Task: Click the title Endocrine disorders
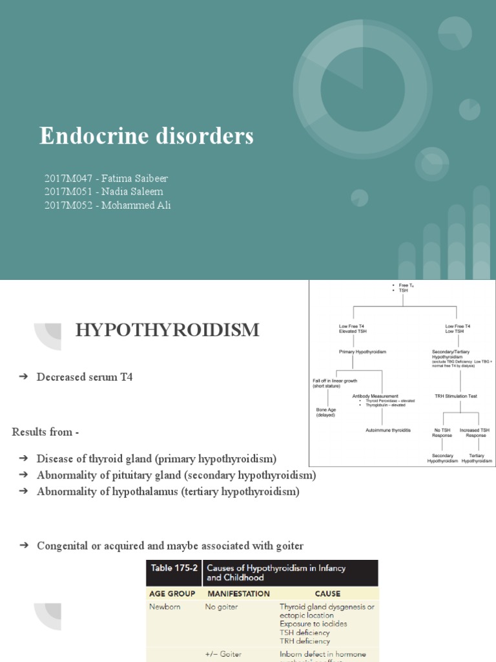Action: [147, 136]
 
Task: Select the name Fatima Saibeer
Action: [136, 178]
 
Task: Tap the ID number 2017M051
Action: [67, 191]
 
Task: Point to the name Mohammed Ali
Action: [135, 205]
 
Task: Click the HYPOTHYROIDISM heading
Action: [167, 330]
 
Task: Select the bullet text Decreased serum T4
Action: [85, 377]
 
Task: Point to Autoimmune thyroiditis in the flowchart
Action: [388, 429]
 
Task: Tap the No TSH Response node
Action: [442, 432]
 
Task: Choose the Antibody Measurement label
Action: [375, 396]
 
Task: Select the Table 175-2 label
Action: [174, 568]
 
